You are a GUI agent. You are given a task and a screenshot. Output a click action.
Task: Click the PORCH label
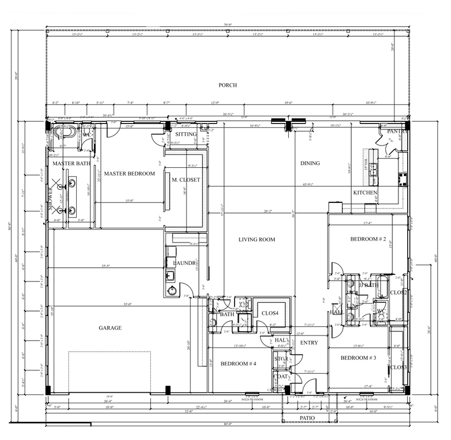[x=227, y=85]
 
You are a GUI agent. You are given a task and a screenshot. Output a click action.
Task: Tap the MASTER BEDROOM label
[x=129, y=173]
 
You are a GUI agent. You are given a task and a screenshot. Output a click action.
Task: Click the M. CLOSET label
[x=186, y=180]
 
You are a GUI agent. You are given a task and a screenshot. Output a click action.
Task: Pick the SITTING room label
[x=186, y=134]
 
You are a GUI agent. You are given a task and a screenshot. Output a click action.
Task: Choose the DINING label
[x=310, y=163]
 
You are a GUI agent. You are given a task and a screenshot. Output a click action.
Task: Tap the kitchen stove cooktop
[x=402, y=180]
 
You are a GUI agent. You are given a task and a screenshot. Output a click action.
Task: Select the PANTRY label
[x=397, y=132]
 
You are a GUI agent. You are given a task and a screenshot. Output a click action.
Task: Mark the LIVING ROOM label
[x=256, y=239]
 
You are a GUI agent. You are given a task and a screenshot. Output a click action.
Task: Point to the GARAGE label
[x=110, y=328]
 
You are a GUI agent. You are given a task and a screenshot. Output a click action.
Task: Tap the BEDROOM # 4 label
[x=238, y=363]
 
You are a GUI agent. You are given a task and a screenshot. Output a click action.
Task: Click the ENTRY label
[x=309, y=343]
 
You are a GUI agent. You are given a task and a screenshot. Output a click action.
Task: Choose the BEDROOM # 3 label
[x=358, y=358]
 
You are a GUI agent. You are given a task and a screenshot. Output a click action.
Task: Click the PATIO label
[x=307, y=418]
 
